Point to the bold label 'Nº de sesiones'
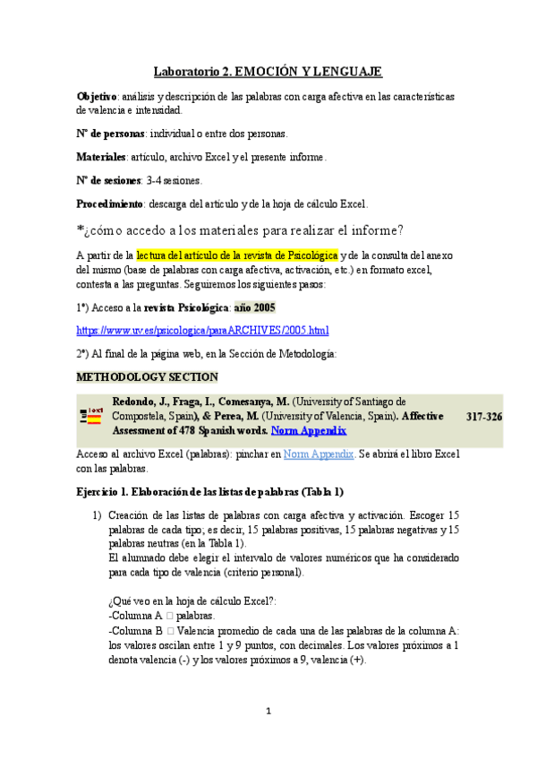(108, 180)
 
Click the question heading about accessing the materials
(240, 229)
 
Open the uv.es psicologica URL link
(202, 330)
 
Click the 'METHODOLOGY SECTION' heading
(147, 376)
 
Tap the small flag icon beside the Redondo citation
(92, 416)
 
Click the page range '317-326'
(484, 416)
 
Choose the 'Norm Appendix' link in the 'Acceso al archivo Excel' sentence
(319, 454)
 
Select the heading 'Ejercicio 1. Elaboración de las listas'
(209, 492)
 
